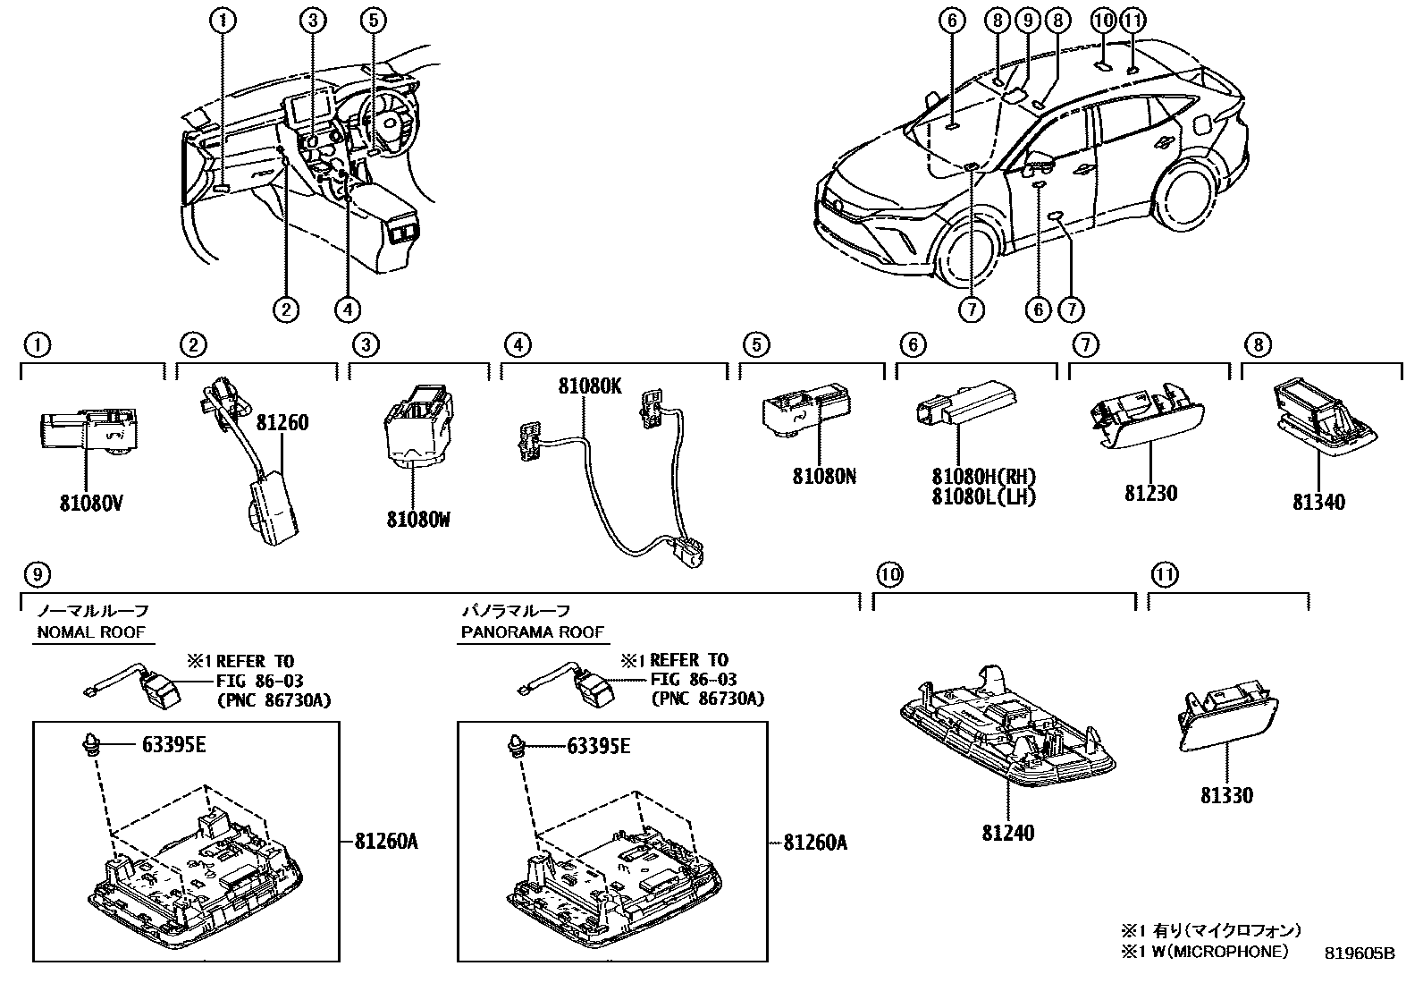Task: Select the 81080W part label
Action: click(417, 518)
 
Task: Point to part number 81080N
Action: click(823, 477)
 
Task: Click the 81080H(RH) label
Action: click(983, 478)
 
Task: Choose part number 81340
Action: click(1318, 502)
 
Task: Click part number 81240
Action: click(1007, 833)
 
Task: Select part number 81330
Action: click(1226, 795)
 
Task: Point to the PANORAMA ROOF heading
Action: click(532, 632)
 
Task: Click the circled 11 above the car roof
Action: click(1133, 19)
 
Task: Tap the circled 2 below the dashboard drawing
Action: click(285, 309)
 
